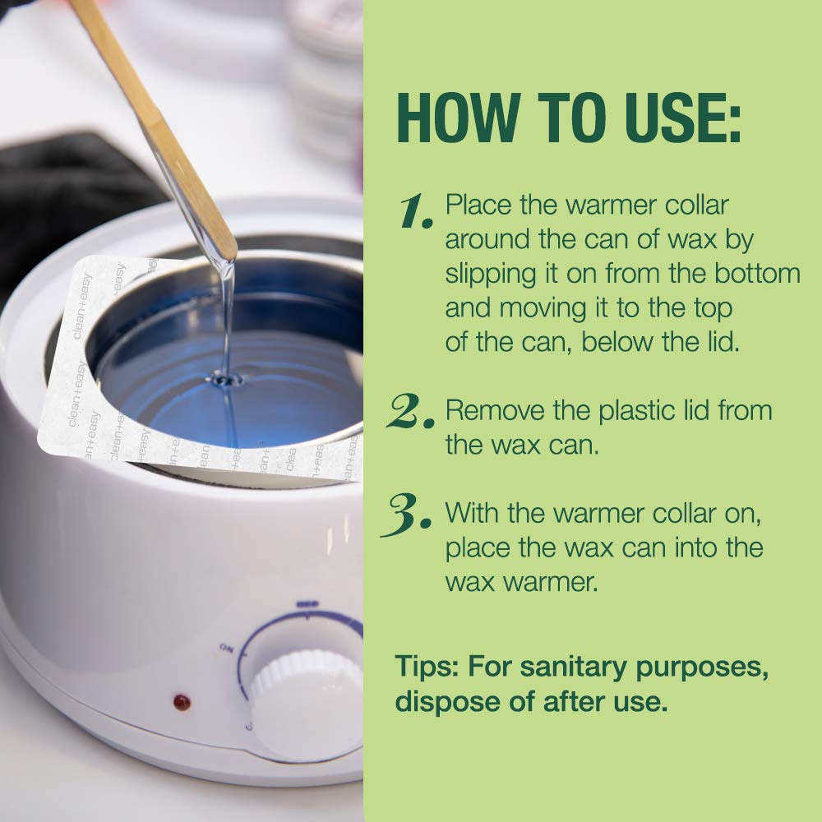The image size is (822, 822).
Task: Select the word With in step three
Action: coord(472,513)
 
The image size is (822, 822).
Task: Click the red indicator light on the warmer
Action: coord(182,702)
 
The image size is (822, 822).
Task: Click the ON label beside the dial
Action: coord(227,649)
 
